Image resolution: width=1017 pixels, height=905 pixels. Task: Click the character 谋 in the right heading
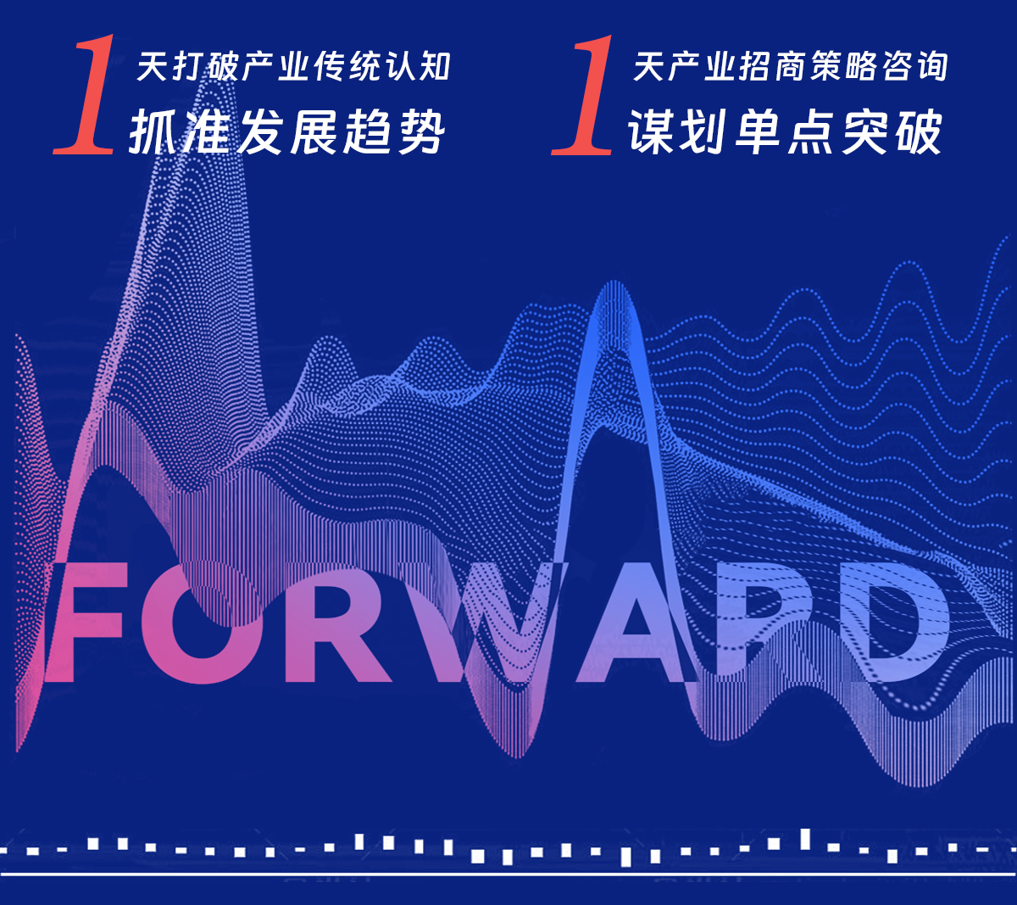point(652,131)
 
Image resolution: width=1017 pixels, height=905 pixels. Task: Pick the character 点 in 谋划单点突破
point(812,131)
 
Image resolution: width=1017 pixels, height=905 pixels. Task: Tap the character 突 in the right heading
point(865,131)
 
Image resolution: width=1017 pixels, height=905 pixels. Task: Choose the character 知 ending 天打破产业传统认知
point(435,66)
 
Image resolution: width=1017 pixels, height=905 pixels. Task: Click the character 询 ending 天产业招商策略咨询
point(932,65)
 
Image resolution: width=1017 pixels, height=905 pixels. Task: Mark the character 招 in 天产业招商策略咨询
point(754,65)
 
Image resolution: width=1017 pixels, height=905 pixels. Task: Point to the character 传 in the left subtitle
point(329,66)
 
